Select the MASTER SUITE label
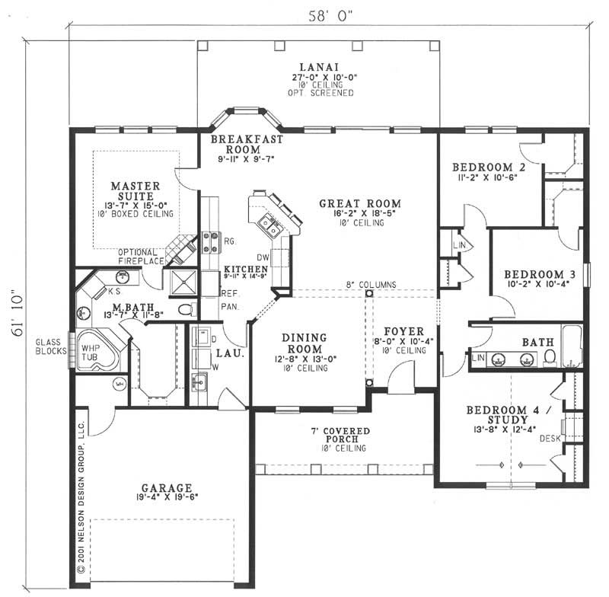[x=135, y=190]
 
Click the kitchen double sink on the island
[x=269, y=225]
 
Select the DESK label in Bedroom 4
[x=550, y=439]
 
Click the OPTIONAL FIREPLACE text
[x=142, y=257]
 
